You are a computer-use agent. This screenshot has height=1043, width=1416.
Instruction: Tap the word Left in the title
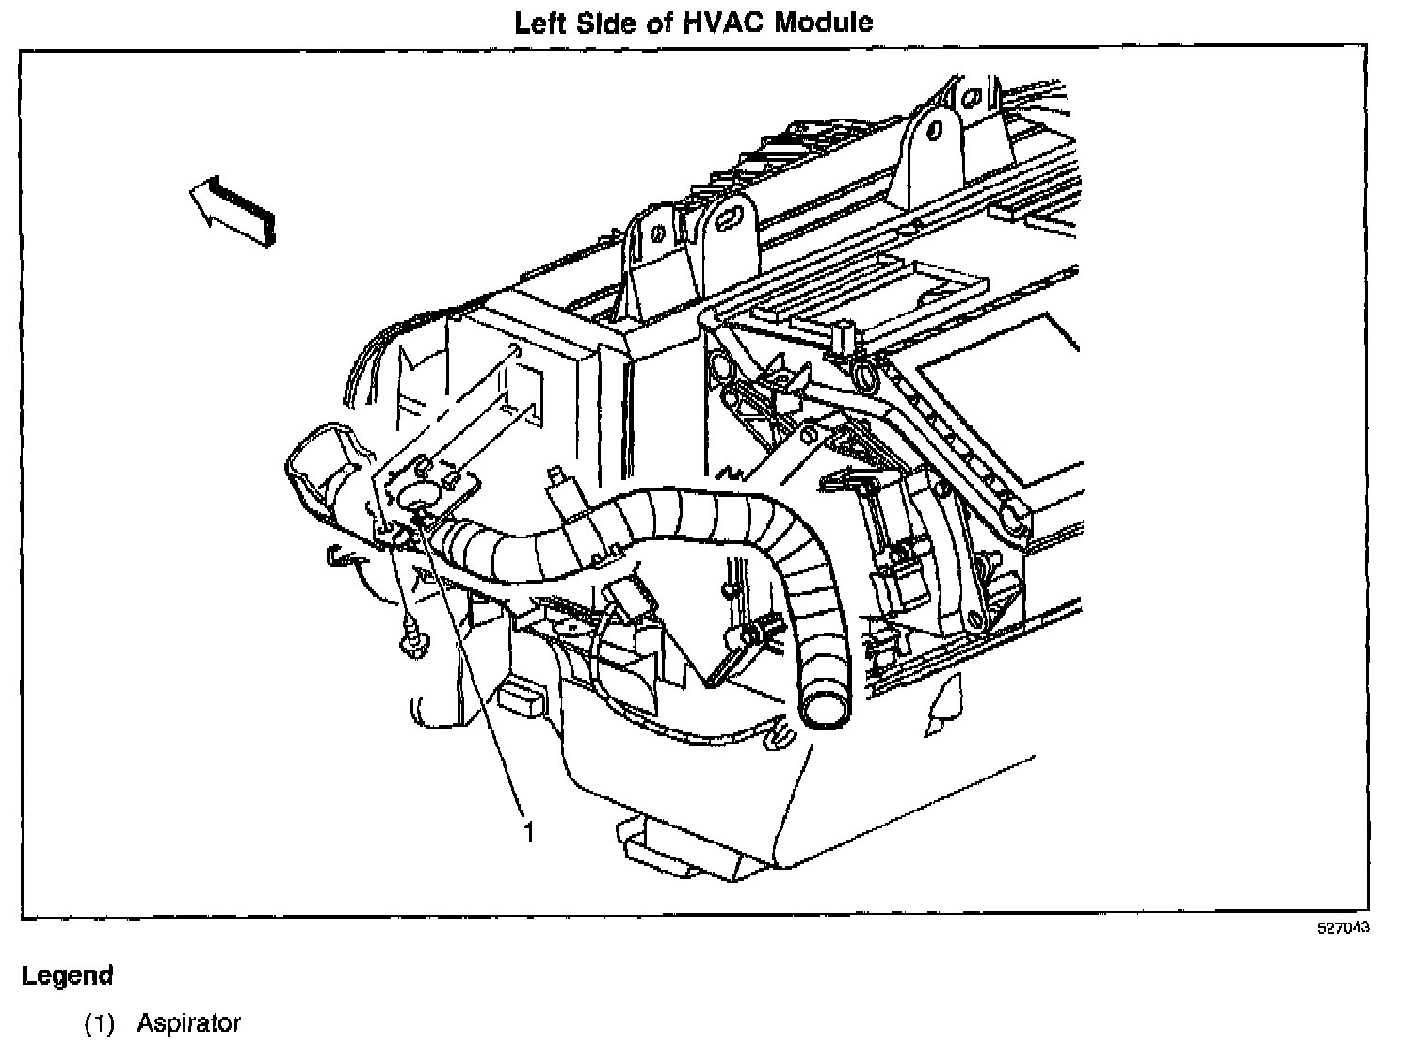pyautogui.click(x=539, y=22)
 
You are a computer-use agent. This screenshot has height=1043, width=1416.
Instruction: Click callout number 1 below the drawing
pyautogui.click(x=529, y=832)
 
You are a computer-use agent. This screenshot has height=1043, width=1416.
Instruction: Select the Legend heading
pyautogui.click(x=67, y=975)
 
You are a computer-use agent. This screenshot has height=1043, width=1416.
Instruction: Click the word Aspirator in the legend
pyautogui.click(x=189, y=1022)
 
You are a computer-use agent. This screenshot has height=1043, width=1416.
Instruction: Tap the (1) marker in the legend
pyautogui.click(x=99, y=1022)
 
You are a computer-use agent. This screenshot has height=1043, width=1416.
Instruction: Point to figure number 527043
pyautogui.click(x=1343, y=928)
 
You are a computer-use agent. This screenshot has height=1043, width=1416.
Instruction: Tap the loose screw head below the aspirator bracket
pyautogui.click(x=411, y=645)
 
